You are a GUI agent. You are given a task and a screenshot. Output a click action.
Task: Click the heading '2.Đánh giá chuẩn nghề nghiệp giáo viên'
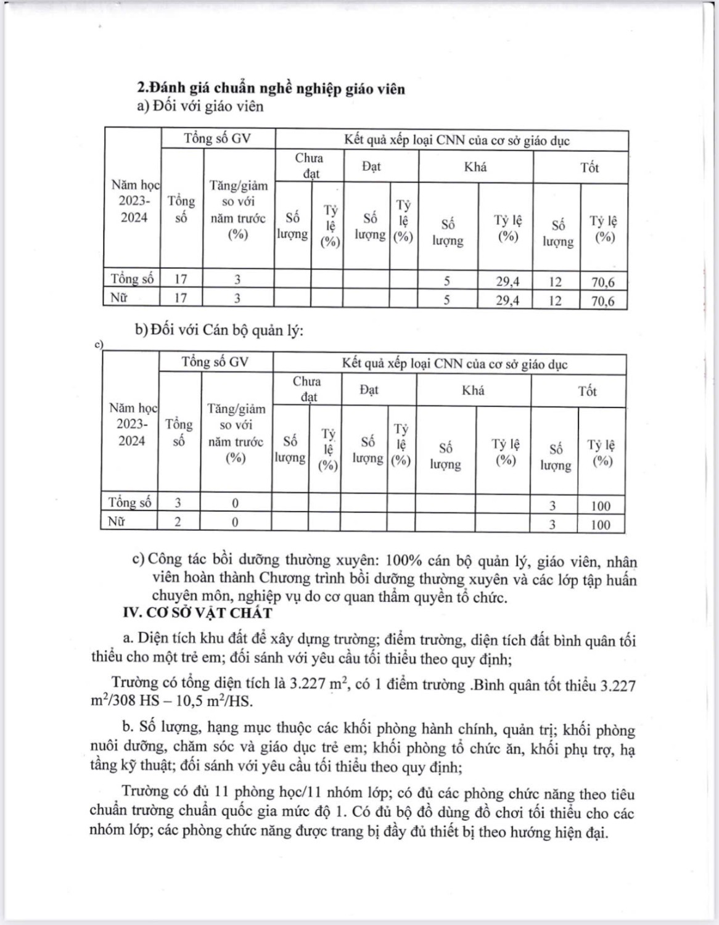[x=271, y=89]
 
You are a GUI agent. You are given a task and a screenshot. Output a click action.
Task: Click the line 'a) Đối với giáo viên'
[x=200, y=106]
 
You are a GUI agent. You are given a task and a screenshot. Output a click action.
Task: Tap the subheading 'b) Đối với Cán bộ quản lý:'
[x=220, y=331]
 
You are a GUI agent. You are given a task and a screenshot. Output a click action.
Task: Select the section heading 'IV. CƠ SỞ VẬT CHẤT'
[x=198, y=613]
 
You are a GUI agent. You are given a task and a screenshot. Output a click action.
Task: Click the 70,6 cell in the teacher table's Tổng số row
[x=602, y=282]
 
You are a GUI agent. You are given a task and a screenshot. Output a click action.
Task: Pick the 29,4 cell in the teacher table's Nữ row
[x=508, y=301]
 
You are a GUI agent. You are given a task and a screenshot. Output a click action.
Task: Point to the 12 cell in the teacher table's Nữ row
[x=556, y=301]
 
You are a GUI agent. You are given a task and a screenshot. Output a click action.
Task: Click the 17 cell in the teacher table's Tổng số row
[x=181, y=279]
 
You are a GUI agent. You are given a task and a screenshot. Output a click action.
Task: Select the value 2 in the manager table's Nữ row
[x=178, y=522]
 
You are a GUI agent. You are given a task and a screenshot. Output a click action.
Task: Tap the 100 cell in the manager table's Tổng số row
[x=601, y=506]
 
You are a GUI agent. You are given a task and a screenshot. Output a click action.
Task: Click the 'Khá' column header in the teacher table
[x=475, y=166]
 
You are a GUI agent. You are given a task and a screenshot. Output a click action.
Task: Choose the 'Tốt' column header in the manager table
[x=587, y=391]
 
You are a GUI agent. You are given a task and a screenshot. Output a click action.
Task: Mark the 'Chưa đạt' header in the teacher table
[x=309, y=165]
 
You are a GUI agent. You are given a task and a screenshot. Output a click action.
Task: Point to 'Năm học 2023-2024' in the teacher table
[x=134, y=201]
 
